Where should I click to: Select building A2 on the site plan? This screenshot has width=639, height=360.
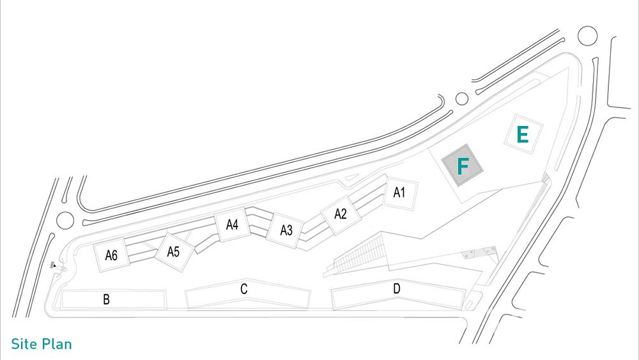[341, 215]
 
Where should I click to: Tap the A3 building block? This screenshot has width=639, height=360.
[286, 230]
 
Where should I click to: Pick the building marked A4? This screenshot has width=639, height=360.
[232, 224]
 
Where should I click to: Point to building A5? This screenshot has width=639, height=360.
[173, 252]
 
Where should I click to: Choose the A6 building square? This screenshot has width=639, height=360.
[111, 254]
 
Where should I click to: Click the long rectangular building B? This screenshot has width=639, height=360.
[114, 300]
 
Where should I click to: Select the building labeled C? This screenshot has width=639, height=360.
[247, 294]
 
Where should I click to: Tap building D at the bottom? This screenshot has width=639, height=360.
[398, 295]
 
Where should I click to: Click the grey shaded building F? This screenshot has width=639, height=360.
[463, 165]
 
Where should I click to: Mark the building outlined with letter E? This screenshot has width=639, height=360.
[523, 134]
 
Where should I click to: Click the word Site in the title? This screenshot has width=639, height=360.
[24, 344]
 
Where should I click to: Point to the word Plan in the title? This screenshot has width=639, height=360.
[57, 344]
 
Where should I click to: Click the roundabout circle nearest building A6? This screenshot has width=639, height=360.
[65, 221]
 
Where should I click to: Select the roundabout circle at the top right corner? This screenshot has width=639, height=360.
[588, 36]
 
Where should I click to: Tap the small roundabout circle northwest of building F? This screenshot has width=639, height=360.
[462, 98]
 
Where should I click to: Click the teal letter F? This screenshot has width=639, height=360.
[463, 166]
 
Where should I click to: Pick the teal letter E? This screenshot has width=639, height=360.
[523, 134]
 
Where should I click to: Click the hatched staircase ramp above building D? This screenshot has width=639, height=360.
[358, 254]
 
